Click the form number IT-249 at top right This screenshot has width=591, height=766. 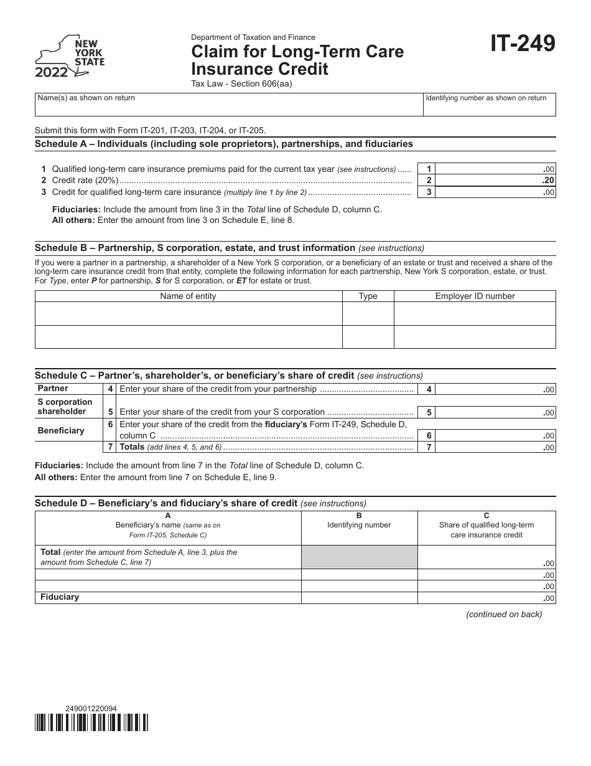click(x=523, y=45)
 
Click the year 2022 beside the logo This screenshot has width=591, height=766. click(x=52, y=73)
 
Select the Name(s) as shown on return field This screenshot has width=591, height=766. click(x=228, y=105)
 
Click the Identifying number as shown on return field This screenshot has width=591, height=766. click(x=489, y=105)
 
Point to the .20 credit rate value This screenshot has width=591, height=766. click(x=547, y=181)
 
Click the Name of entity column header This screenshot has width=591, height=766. click(x=188, y=296)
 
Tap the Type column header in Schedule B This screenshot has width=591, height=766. click(x=368, y=296)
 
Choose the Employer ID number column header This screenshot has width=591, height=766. click(x=475, y=296)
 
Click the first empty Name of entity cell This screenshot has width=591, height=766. click(x=188, y=314)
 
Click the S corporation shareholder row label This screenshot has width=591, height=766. click(x=65, y=407)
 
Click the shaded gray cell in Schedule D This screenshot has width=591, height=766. click(x=359, y=557)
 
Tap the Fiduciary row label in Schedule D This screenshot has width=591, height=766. click(x=60, y=597)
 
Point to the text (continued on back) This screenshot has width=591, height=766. click(x=504, y=615)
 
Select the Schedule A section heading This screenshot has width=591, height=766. click(x=223, y=144)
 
